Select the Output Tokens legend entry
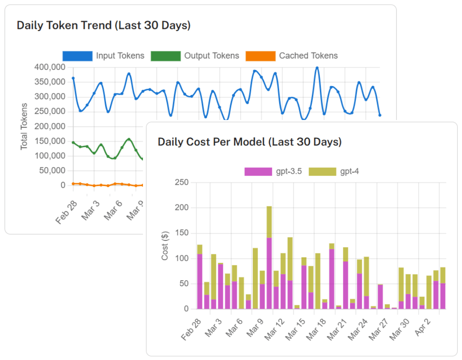tap(195, 56)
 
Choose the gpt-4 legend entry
tap(334, 172)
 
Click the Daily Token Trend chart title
tap(104, 25)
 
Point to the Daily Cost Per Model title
tap(249, 142)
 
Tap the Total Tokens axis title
tap(24, 126)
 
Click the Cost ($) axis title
tap(165, 246)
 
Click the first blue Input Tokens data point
tap(73, 78)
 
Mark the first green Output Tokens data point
tap(73, 142)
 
